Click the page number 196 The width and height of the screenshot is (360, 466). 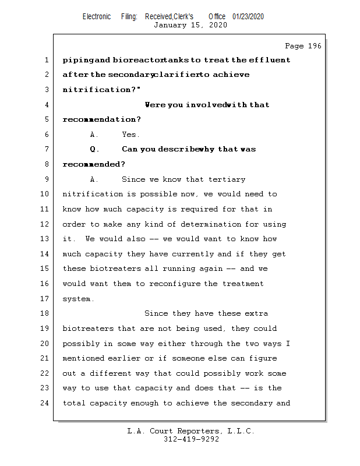point(314,46)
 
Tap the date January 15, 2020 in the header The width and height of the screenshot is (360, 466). point(190,25)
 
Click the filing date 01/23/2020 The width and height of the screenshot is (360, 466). point(248,17)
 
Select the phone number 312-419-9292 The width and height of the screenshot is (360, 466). point(191,440)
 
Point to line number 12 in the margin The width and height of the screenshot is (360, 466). point(45,224)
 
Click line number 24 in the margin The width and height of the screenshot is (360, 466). point(45,403)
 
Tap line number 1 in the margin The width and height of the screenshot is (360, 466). point(45,60)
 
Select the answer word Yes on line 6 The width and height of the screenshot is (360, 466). point(130,135)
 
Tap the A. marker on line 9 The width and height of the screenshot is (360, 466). point(94,179)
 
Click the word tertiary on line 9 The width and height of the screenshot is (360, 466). point(225,179)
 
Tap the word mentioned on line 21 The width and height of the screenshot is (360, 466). point(83,358)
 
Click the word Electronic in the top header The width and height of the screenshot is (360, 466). point(97,17)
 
